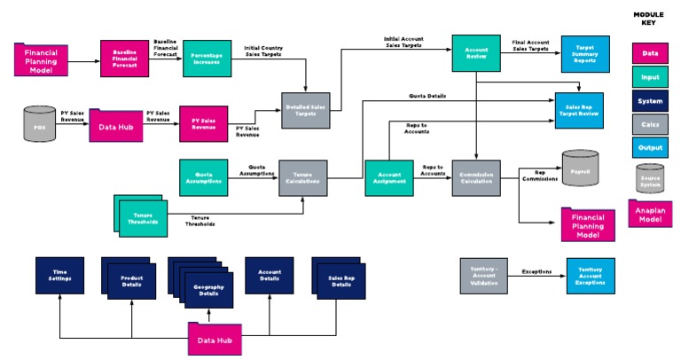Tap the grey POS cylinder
pyautogui.click(x=38, y=125)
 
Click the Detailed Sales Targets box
pyautogui.click(x=304, y=107)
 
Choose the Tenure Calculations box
pyautogui.click(x=304, y=178)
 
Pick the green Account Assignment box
pyautogui.click(x=389, y=178)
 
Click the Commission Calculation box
pyautogui.click(x=476, y=178)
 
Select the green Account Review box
pyautogui.click(x=476, y=51)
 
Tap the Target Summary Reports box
pyautogui.click(x=584, y=56)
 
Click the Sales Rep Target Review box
pyautogui.click(x=584, y=109)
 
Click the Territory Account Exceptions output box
pyautogui.click(x=590, y=275)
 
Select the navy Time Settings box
pyautogui.click(x=59, y=278)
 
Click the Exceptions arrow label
pyautogui.click(x=537, y=271)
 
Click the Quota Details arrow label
pyautogui.click(x=427, y=95)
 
